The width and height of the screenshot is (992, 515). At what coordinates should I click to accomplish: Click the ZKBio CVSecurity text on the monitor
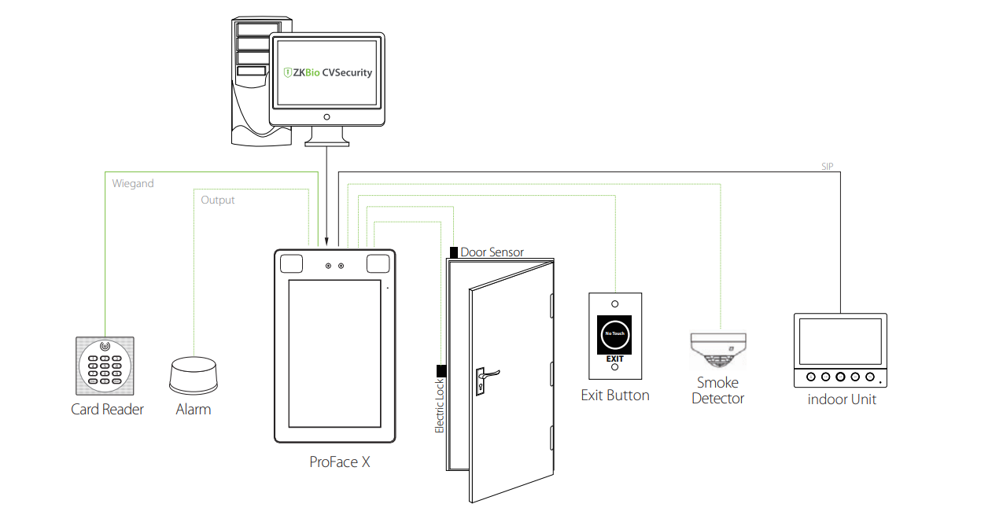[328, 73]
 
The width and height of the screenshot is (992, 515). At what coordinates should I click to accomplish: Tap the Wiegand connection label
[133, 183]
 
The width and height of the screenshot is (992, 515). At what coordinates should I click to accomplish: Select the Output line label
[218, 200]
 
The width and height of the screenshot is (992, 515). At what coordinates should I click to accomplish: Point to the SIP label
[826, 167]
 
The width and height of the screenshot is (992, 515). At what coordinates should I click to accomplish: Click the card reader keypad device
[105, 366]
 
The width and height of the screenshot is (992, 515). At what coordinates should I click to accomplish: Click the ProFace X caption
[340, 462]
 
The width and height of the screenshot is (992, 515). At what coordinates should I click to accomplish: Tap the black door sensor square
[454, 252]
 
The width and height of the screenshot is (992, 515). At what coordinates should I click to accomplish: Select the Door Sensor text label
[492, 252]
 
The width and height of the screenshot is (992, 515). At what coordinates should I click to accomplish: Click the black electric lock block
[441, 371]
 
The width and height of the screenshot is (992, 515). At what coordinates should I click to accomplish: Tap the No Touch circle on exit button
[614, 334]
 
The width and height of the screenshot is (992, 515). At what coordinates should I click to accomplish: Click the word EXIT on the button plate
[614, 359]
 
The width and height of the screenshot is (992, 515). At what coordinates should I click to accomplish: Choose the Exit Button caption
[615, 395]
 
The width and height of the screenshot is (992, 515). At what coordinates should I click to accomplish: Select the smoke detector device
[717, 351]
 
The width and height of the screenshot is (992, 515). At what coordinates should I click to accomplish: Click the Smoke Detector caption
[717, 391]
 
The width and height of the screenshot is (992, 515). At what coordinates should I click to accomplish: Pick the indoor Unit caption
[842, 399]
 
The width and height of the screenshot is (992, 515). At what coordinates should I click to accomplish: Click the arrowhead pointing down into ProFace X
[327, 241]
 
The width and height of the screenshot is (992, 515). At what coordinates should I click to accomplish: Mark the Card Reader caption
[107, 410]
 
